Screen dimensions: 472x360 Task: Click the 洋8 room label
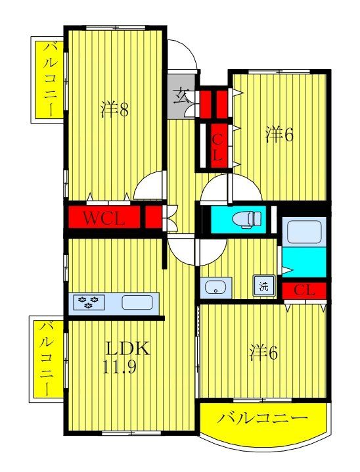[114, 110]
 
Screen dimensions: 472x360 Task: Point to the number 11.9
[120, 367]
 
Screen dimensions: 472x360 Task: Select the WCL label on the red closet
[103, 218]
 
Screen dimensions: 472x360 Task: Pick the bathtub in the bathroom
[304, 231]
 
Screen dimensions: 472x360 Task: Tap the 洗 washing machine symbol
[263, 286]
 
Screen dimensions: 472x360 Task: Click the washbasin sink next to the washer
[215, 287]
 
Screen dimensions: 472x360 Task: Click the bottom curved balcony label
[263, 418]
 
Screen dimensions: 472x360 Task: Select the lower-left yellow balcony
[47, 358]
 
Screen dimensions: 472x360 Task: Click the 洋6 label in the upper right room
[279, 134]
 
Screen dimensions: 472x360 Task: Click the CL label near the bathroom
[304, 290]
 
